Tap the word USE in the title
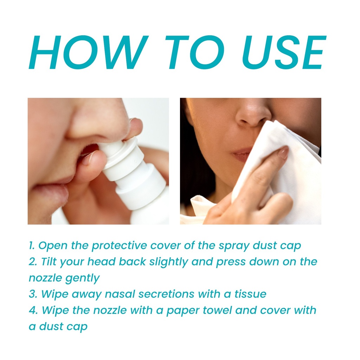click(x=284, y=52)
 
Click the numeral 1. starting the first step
click(x=32, y=245)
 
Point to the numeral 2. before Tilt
click(x=33, y=262)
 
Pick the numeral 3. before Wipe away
click(x=33, y=294)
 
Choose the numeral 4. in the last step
click(x=33, y=310)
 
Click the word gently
click(x=82, y=278)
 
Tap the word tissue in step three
click(x=250, y=294)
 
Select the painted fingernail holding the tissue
click(x=283, y=153)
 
